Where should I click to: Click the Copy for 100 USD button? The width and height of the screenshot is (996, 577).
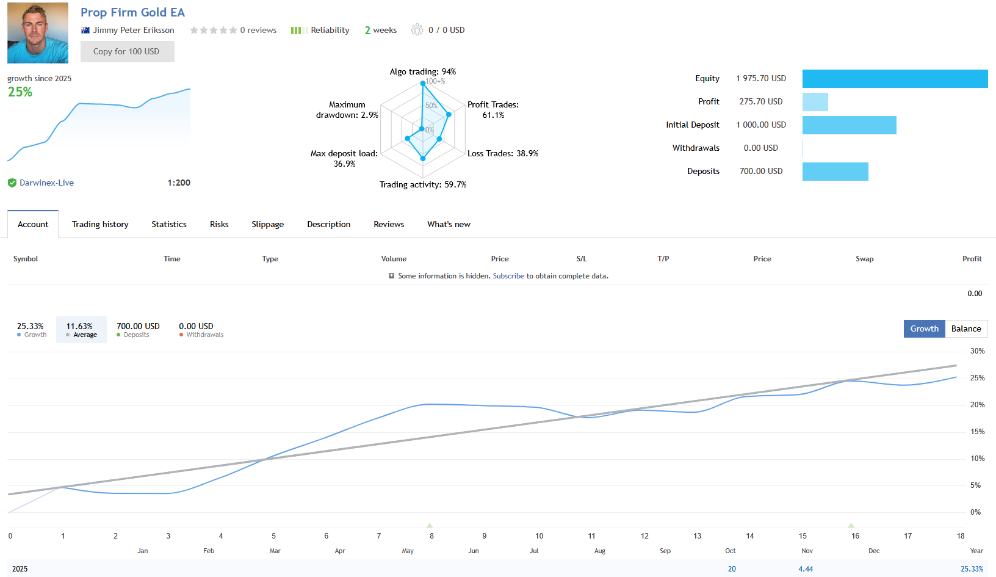coord(127,52)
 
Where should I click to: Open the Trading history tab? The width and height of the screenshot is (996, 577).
coord(100,224)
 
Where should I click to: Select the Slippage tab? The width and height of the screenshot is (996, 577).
coord(267,224)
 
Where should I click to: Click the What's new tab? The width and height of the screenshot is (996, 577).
coord(449,224)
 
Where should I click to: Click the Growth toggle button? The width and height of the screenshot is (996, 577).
coord(924,328)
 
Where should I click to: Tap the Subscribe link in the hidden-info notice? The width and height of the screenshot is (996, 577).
coord(508,276)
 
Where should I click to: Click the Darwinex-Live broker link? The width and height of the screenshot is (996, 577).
coord(46,183)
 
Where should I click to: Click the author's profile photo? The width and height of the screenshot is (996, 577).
coord(38,33)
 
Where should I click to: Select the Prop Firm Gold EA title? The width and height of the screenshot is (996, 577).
coord(132,12)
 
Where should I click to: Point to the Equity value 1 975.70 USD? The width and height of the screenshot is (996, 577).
coord(760,78)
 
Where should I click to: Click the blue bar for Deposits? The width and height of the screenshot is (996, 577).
coord(835,172)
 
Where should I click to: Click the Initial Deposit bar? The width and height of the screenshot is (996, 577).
coord(849,125)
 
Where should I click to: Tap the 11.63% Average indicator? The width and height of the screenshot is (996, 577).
coord(81,330)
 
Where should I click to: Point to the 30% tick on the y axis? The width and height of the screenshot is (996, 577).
coord(977,351)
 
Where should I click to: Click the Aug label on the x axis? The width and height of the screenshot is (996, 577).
coord(599,551)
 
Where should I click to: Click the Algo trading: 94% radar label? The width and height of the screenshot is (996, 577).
coord(422,71)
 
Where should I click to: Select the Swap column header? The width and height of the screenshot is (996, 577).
coord(864,259)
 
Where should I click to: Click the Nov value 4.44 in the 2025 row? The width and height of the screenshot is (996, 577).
coord(806,568)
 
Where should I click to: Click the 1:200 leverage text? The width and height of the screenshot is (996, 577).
coord(179,183)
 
